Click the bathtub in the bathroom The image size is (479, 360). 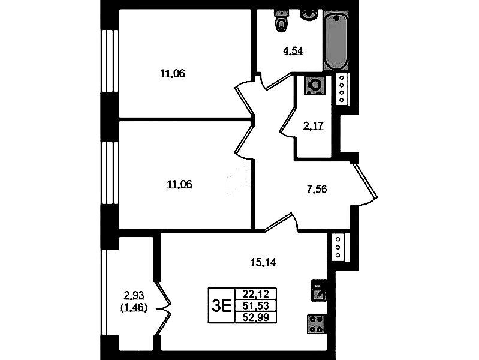point(336,41)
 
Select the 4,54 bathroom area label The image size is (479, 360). point(293,51)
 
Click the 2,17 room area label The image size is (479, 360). point(313,126)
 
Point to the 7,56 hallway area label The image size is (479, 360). point(317,189)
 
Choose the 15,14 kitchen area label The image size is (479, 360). point(263,262)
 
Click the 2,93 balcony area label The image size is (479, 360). point(134,295)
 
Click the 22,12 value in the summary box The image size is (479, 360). point(256,294)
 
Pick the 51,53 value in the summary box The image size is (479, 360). point(256,305)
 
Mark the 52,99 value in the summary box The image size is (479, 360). point(256,317)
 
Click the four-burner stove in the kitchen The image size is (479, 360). point(316,324)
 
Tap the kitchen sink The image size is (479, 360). point(318,290)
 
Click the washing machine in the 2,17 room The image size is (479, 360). point(314,85)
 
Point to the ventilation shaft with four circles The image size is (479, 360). point(342,89)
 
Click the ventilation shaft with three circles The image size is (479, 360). point(338,247)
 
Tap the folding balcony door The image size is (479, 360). point(163,308)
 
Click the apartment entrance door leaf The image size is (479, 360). point(365,181)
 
